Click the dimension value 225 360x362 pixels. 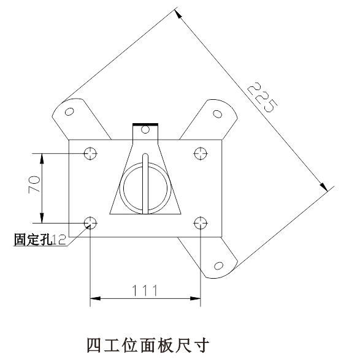tap(262, 97)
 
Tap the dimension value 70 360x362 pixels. tap(34, 184)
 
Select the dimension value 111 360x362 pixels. tap(145, 290)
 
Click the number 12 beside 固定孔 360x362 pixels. tap(59, 239)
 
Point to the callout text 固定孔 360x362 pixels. tap(33, 239)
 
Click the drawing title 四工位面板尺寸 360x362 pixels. tap(148, 345)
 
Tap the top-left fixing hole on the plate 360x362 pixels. tap(90, 153)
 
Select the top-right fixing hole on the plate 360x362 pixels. tap(201, 153)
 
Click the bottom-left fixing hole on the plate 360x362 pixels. tap(90, 223)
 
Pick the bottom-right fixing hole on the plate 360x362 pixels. tap(201, 223)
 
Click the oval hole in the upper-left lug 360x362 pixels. tap(69, 111)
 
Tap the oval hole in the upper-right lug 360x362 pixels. tap(217, 114)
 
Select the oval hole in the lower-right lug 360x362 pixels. tap(218, 266)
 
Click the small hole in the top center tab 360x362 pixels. tap(145, 129)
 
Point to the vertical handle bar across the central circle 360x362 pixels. tap(145, 184)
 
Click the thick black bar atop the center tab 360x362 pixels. tap(145, 125)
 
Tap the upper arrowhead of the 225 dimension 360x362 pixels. tap(178, 13)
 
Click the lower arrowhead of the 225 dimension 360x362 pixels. tap(324, 187)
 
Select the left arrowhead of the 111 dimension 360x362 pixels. tap(95, 298)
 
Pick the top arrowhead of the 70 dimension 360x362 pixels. tap(42, 159)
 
